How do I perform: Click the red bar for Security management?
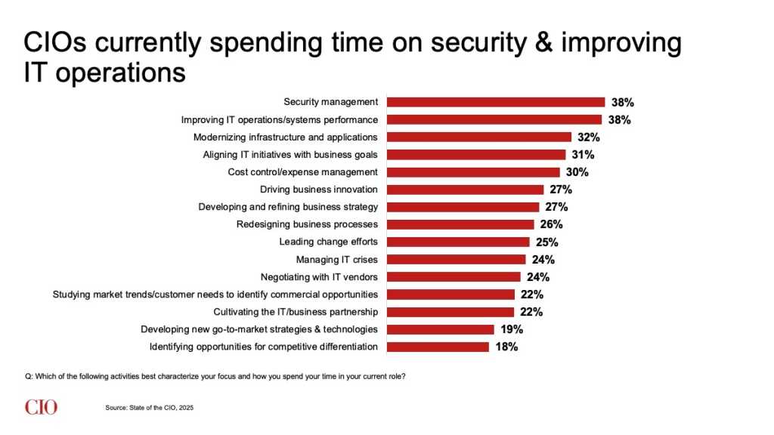(496, 102)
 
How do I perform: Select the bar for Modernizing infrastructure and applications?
(479, 137)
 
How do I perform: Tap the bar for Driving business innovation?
(466, 190)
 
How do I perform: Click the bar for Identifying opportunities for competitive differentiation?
(438, 347)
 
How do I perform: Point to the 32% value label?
(589, 137)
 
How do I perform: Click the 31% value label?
(584, 155)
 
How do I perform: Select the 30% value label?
(577, 172)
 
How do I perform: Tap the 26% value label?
(552, 224)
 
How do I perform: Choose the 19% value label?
(512, 329)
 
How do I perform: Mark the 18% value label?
(506, 347)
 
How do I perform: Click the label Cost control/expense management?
(302, 172)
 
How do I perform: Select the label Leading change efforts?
(328, 242)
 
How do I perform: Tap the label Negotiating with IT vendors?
(319, 276)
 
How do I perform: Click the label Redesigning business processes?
(307, 224)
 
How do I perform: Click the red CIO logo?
(41, 407)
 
